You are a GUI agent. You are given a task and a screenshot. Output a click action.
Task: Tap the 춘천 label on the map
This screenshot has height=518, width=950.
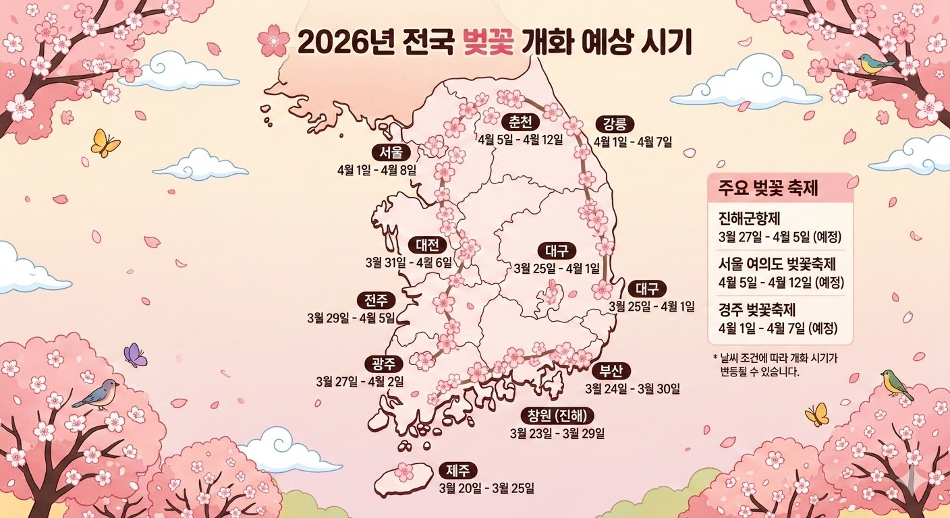coord(521,122)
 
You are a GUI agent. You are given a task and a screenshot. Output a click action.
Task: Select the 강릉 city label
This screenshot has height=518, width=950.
coord(614,124)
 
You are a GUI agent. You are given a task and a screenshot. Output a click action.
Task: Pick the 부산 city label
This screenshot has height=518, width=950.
coord(611,371)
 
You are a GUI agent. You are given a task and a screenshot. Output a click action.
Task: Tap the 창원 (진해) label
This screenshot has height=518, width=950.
coord(557,414)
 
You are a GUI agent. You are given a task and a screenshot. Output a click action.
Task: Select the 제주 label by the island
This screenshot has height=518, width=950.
coord(458,470)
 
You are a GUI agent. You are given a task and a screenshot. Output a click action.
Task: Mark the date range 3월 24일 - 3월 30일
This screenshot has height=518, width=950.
coord(632,388)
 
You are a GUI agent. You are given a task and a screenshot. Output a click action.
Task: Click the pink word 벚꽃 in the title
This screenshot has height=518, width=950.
coord(489,44)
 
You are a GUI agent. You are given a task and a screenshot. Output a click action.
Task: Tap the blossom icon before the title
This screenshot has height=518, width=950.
coord(273,41)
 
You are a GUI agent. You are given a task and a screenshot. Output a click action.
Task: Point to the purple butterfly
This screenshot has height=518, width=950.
coord(135,355)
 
